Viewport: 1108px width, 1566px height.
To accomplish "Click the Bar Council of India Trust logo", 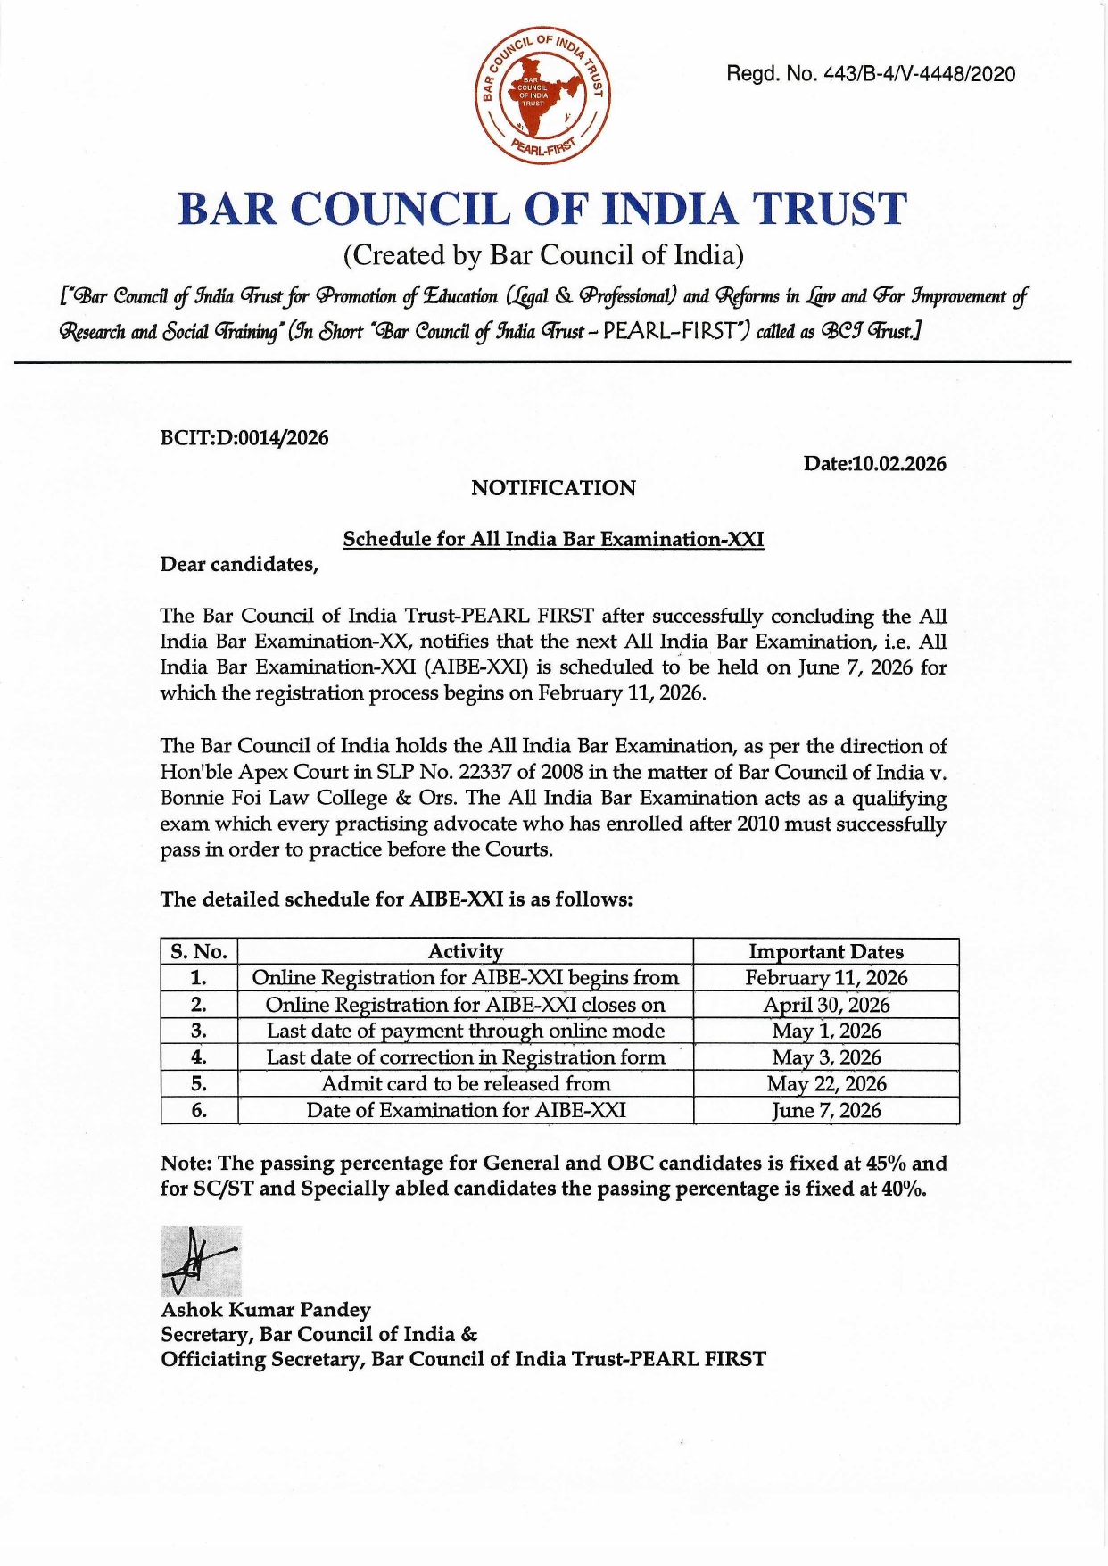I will [x=542, y=95].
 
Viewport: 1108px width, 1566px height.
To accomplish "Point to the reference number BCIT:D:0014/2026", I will [x=244, y=438].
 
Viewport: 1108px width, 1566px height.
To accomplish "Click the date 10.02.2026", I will [x=899, y=464].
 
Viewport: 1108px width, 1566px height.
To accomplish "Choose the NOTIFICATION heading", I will [x=553, y=488].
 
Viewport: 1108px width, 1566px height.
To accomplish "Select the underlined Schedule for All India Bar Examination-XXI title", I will [x=553, y=539].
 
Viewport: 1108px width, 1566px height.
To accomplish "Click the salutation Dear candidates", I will [x=239, y=565].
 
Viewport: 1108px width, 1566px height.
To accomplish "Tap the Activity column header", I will [x=465, y=951].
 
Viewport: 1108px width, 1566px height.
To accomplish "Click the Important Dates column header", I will [x=825, y=951].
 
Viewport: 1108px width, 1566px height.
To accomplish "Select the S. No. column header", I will [x=199, y=951].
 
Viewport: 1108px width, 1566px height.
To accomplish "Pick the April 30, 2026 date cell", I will [x=826, y=1005].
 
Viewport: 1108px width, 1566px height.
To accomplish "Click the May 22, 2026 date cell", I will [x=826, y=1084].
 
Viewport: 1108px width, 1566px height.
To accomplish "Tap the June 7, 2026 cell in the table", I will [x=826, y=1111].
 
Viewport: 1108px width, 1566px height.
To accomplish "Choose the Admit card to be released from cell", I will [x=465, y=1084].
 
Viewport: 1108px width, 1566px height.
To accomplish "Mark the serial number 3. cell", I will [x=199, y=1032].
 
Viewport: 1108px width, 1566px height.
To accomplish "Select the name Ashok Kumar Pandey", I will [x=266, y=1310].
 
